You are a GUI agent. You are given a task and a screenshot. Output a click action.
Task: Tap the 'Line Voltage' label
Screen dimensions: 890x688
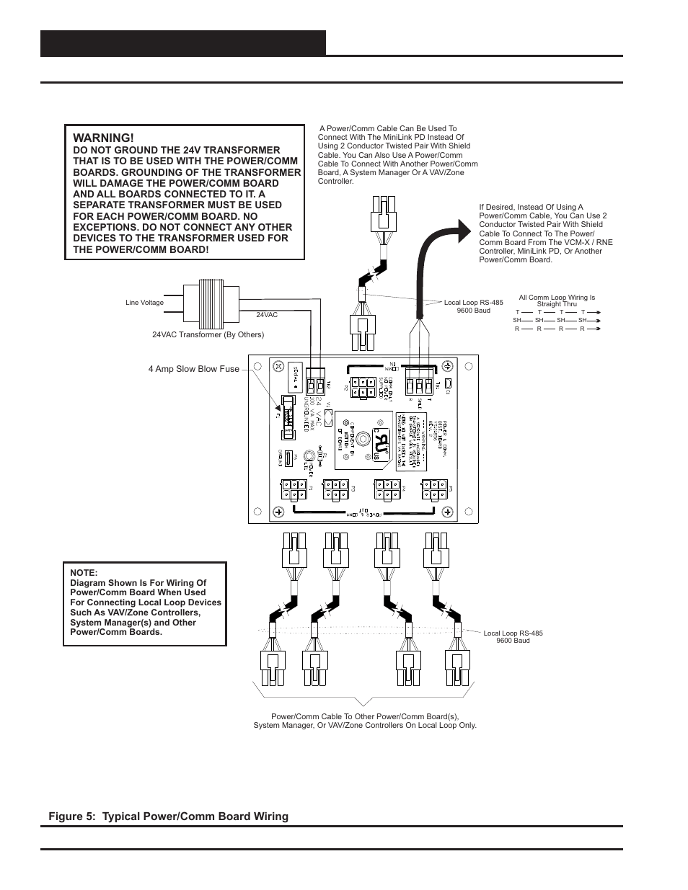[x=144, y=303]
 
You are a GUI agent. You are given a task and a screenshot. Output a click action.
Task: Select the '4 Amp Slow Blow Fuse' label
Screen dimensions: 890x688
[x=193, y=369]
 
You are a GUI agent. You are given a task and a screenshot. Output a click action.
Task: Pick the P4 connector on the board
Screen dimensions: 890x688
[x=387, y=490]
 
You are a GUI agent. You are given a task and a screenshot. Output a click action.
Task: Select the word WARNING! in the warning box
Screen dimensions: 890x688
[x=103, y=138]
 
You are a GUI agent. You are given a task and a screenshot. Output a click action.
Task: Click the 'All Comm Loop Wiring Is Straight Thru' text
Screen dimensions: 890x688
[x=556, y=301]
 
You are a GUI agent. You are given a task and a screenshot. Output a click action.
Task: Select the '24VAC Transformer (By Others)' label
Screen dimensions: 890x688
[x=208, y=334]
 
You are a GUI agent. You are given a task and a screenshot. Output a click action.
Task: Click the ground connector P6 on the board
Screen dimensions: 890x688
[x=288, y=458]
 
